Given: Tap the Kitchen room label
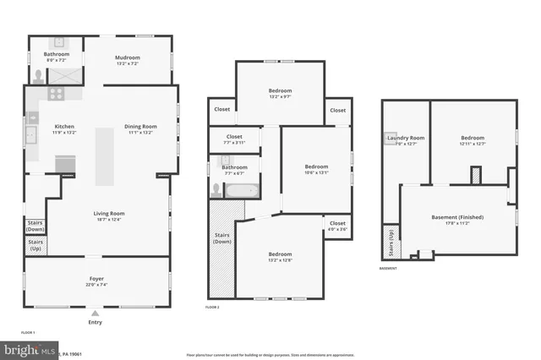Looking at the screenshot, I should [x=64, y=126].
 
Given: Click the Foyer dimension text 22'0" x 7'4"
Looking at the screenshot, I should [x=97, y=285].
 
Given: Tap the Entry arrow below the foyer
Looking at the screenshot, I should [x=94, y=313].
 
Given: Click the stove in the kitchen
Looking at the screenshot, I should [x=57, y=95].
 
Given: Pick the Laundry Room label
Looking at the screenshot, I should [x=406, y=138].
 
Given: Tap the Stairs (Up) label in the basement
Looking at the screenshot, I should [x=391, y=242].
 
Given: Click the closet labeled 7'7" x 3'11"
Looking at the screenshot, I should [x=234, y=143].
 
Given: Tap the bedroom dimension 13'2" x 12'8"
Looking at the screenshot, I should [x=280, y=260].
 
